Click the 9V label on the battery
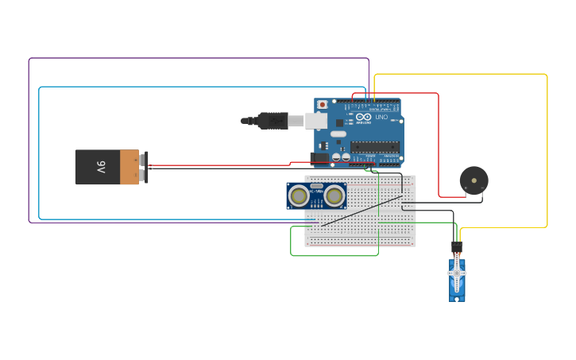(101, 167)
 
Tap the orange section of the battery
(129, 167)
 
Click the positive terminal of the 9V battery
(144, 159)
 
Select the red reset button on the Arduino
(322, 105)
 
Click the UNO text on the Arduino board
(381, 118)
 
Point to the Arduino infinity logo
(364, 118)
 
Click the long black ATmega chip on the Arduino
(375, 146)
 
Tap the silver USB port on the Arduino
(317, 121)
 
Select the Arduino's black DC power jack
(319, 159)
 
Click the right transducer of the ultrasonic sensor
(334, 195)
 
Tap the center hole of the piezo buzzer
(474, 180)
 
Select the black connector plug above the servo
(457, 246)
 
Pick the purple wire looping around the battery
(29, 143)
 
